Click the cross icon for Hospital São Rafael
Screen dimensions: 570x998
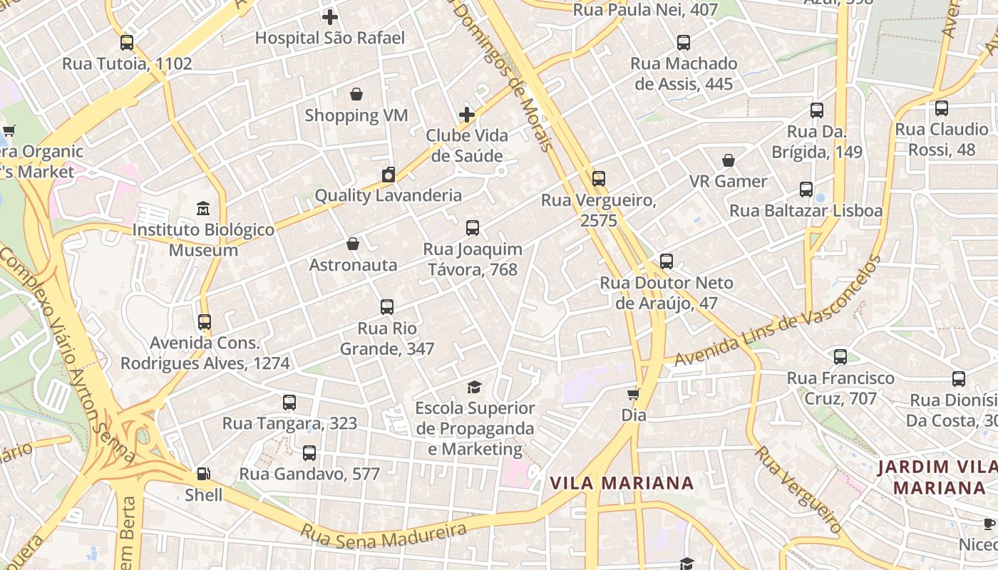pos(330,17)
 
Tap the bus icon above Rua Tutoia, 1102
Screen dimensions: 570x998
pos(127,43)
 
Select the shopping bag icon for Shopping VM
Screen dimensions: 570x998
pos(356,94)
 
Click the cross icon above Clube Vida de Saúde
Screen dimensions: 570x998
pos(467,115)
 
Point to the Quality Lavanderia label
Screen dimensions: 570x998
pos(388,195)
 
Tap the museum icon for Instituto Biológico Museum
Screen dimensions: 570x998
pos(203,209)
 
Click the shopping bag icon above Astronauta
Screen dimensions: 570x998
pos(352,244)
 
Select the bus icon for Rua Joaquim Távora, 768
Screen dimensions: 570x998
pos(472,228)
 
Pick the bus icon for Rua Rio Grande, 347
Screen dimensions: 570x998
pos(387,307)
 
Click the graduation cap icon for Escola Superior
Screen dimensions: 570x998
pos(474,387)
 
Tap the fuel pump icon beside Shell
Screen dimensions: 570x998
pos(203,474)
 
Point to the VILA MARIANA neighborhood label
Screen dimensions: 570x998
pos(622,483)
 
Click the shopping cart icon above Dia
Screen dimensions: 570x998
pos(633,394)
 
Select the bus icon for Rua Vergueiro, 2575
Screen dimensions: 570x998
pos(599,179)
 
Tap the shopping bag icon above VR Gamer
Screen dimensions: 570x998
pos(729,160)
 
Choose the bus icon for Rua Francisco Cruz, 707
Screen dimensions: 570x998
pos(840,357)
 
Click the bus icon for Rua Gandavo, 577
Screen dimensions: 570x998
pos(309,453)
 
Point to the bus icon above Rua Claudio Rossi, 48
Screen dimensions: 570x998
pos(942,108)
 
